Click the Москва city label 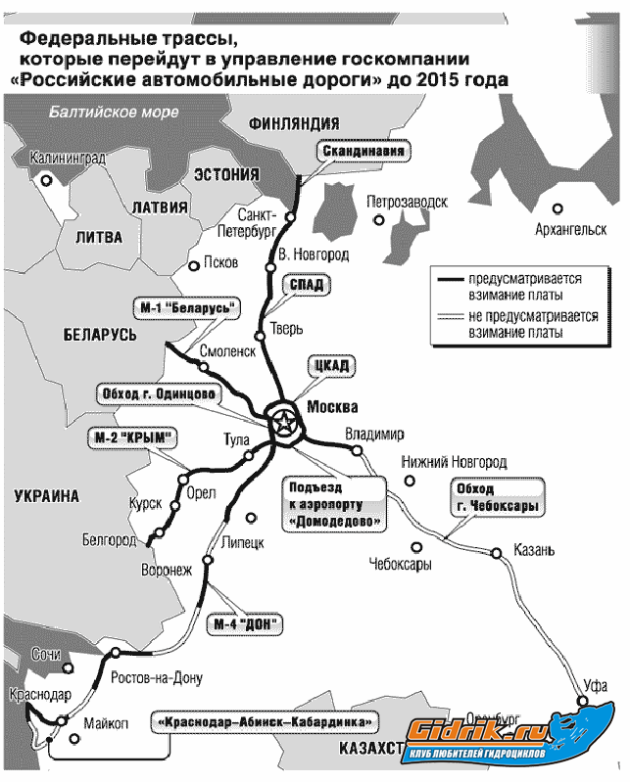333,407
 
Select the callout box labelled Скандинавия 362,153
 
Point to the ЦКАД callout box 329,365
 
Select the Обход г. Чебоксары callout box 490,496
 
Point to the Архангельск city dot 557,207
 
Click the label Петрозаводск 407,202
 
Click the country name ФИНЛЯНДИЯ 294,123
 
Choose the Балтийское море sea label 107,111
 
